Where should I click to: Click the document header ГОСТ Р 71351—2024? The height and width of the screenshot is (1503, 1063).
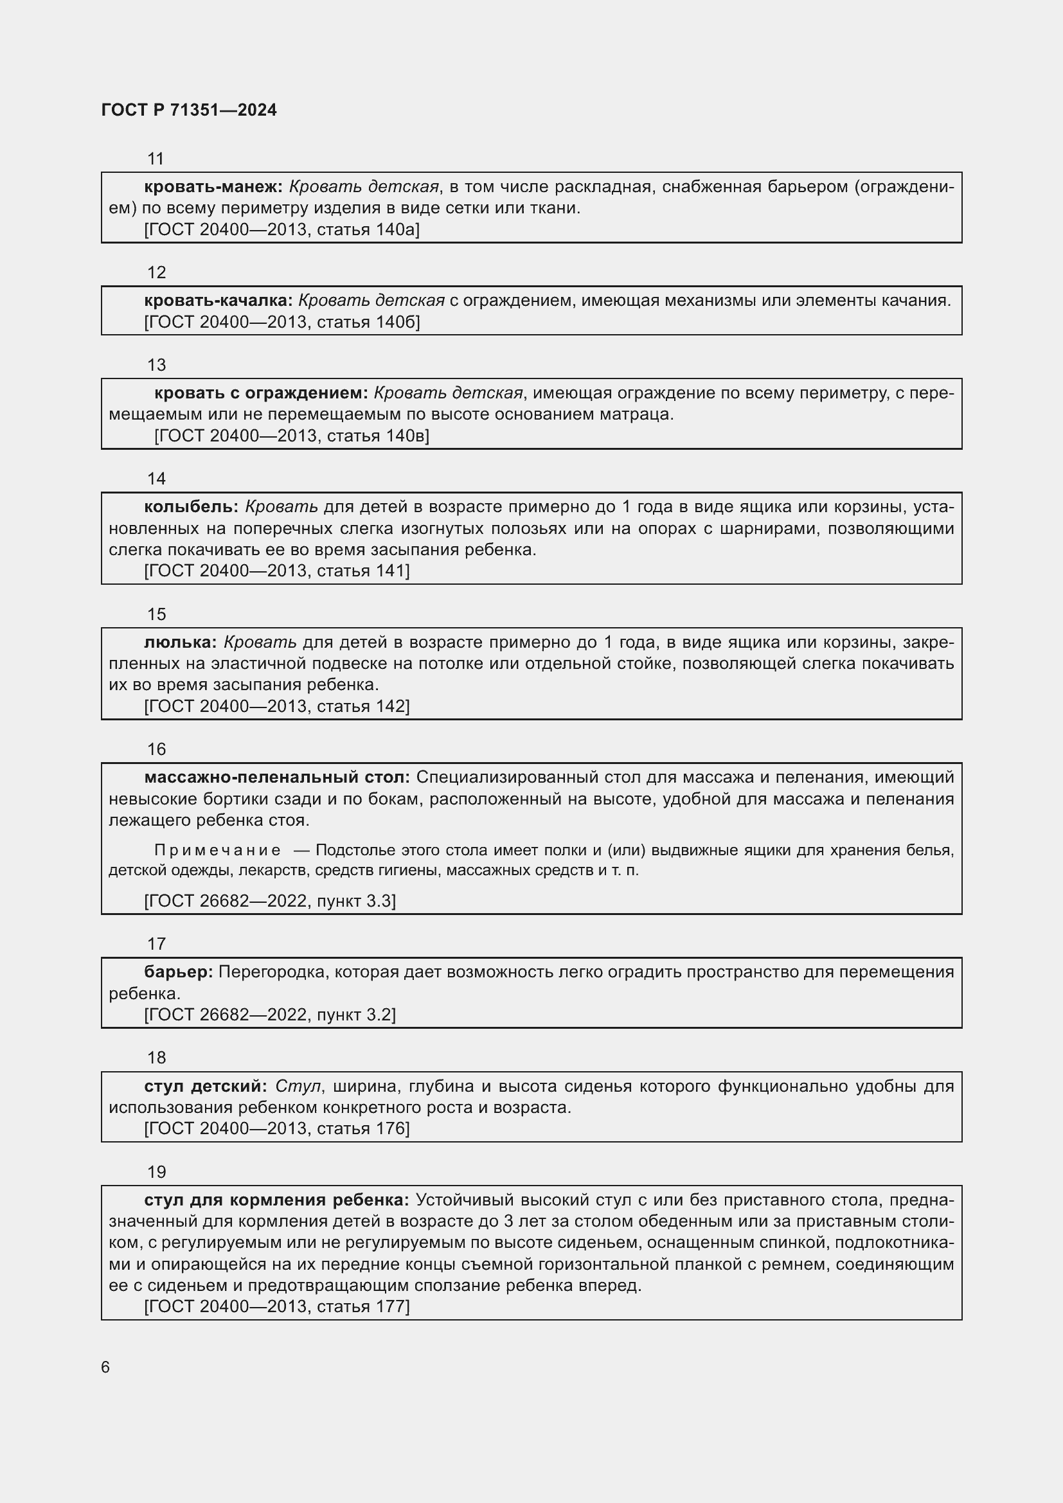pyautogui.click(x=188, y=110)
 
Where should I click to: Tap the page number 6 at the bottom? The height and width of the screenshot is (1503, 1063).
pyautogui.click(x=105, y=1367)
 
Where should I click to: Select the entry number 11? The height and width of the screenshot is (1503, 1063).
pyautogui.click(x=156, y=159)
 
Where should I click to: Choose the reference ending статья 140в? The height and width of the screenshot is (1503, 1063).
pyautogui.click(x=291, y=436)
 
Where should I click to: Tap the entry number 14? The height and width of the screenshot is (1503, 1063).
pyautogui.click(x=156, y=479)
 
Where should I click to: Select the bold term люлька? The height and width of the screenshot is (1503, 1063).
pyautogui.click(x=181, y=642)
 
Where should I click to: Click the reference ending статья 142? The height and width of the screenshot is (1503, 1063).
pyautogui.click(x=276, y=706)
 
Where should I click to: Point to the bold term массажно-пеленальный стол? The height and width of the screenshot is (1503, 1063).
pyautogui.click(x=277, y=778)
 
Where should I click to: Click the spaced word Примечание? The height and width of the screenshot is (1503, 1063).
pyautogui.click(x=217, y=850)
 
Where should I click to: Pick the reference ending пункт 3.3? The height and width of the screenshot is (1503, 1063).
pyautogui.click(x=270, y=902)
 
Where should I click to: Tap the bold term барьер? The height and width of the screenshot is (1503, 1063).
pyautogui.click(x=178, y=972)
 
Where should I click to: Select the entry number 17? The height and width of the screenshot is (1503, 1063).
pyautogui.click(x=156, y=944)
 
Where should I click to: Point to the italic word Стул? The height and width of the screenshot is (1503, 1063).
pyautogui.click(x=298, y=1087)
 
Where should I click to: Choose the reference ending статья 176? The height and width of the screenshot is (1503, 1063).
pyautogui.click(x=276, y=1128)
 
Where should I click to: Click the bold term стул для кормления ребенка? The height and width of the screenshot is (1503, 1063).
pyautogui.click(x=276, y=1200)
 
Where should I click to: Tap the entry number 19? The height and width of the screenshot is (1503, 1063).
pyautogui.click(x=156, y=1172)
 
